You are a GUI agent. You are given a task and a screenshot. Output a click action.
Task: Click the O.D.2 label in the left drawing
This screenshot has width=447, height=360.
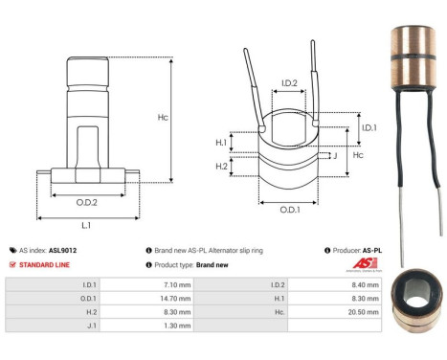tap(87, 202)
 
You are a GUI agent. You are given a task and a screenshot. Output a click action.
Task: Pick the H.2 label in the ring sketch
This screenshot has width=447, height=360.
tap(221, 167)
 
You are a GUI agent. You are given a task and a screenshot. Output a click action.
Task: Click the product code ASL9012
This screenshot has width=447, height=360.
tap(63, 250)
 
